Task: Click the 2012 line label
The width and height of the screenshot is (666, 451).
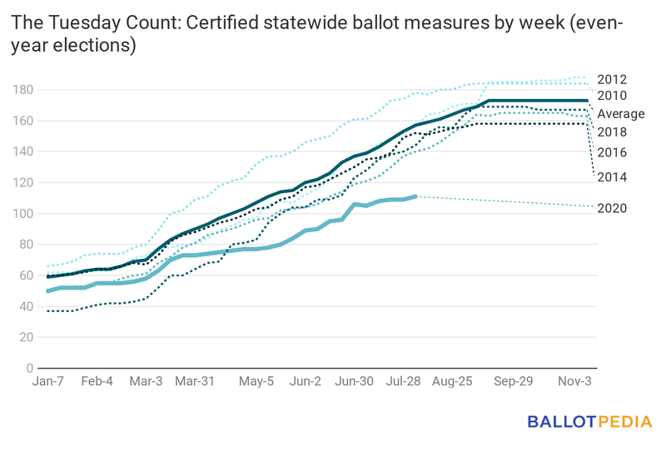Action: point(611,80)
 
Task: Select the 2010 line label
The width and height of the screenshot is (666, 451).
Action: point(611,97)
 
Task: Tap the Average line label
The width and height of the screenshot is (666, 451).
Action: point(620,114)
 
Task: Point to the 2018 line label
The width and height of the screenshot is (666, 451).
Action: point(611,132)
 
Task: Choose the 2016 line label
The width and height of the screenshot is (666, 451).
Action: point(611,152)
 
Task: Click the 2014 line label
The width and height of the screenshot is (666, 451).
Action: point(611,177)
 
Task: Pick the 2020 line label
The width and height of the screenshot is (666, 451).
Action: point(611,208)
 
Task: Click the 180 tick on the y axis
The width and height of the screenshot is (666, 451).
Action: point(23,90)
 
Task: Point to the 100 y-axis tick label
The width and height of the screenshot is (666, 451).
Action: point(23,214)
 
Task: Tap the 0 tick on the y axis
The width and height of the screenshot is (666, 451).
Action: point(30,368)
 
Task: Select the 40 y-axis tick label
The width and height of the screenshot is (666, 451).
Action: point(27,306)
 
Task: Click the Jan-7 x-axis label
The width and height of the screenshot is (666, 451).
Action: point(49,382)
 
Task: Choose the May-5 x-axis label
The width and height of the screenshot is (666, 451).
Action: point(256,382)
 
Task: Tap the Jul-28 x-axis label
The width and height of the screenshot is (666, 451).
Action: point(404,382)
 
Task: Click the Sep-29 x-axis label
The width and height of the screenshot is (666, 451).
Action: point(514,382)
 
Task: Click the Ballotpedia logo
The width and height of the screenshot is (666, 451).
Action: point(589,422)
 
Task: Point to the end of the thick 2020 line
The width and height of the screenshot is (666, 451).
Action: point(415,196)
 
